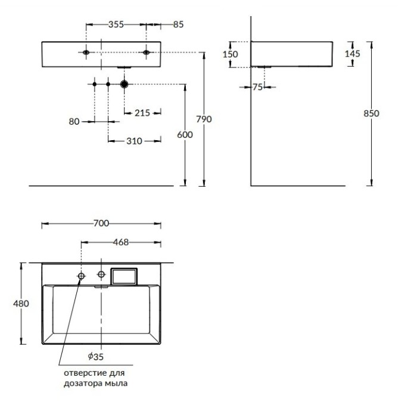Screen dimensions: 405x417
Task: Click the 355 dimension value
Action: (x=116, y=24)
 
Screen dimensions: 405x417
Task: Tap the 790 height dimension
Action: (x=204, y=119)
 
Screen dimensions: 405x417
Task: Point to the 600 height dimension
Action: (x=185, y=135)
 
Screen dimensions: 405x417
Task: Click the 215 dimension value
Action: (x=142, y=112)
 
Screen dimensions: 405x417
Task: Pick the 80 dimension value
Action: (x=74, y=121)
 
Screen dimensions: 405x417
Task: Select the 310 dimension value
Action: (x=134, y=141)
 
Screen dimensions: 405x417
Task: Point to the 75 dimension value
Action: (x=257, y=87)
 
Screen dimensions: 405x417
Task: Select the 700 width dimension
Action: (x=101, y=224)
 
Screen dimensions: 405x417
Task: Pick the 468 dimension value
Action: (x=121, y=242)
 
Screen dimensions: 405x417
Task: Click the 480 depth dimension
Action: (x=21, y=303)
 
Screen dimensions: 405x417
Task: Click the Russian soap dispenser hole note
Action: (x=95, y=378)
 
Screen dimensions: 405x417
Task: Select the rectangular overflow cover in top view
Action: (x=125, y=276)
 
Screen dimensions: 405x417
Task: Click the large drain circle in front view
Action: (x=124, y=85)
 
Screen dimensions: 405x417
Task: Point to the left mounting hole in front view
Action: (x=87, y=52)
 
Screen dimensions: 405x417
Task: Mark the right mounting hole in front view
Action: (x=146, y=52)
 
